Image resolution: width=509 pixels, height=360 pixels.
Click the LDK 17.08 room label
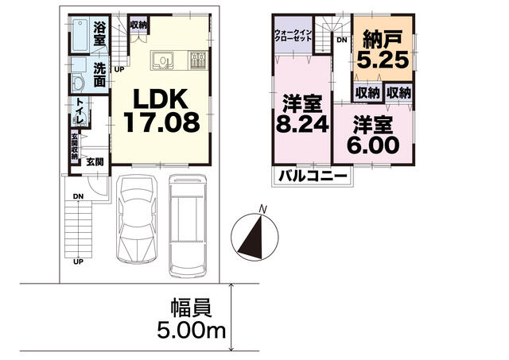click(x=161, y=111)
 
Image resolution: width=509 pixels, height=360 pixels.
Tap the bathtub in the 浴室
click(x=80, y=35)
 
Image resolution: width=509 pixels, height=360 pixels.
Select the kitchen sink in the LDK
click(x=162, y=60)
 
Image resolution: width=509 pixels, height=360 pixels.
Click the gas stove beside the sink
click(x=198, y=60)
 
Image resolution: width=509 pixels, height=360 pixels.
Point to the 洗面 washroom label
click(x=99, y=75)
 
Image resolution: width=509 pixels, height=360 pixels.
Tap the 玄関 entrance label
click(x=95, y=161)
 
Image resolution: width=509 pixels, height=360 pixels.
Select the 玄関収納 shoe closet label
click(x=75, y=146)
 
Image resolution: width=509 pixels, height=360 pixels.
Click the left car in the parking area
click(x=137, y=219)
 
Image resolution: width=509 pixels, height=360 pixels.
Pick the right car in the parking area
click(x=188, y=226)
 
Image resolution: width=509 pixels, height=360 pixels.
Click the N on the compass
click(x=263, y=209)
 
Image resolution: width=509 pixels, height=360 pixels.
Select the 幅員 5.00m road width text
click(x=191, y=319)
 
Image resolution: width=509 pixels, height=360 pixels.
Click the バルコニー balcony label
click(x=313, y=176)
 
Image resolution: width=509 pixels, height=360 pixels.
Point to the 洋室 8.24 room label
click(x=302, y=114)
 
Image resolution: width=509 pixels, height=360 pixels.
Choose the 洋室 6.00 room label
click(x=373, y=134)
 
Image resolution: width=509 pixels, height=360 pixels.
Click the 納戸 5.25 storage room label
click(x=383, y=49)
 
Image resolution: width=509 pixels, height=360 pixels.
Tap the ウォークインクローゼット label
click(x=293, y=35)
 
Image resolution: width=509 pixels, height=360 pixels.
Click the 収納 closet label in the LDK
click(x=138, y=25)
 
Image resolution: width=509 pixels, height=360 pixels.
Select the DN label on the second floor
click(x=342, y=40)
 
